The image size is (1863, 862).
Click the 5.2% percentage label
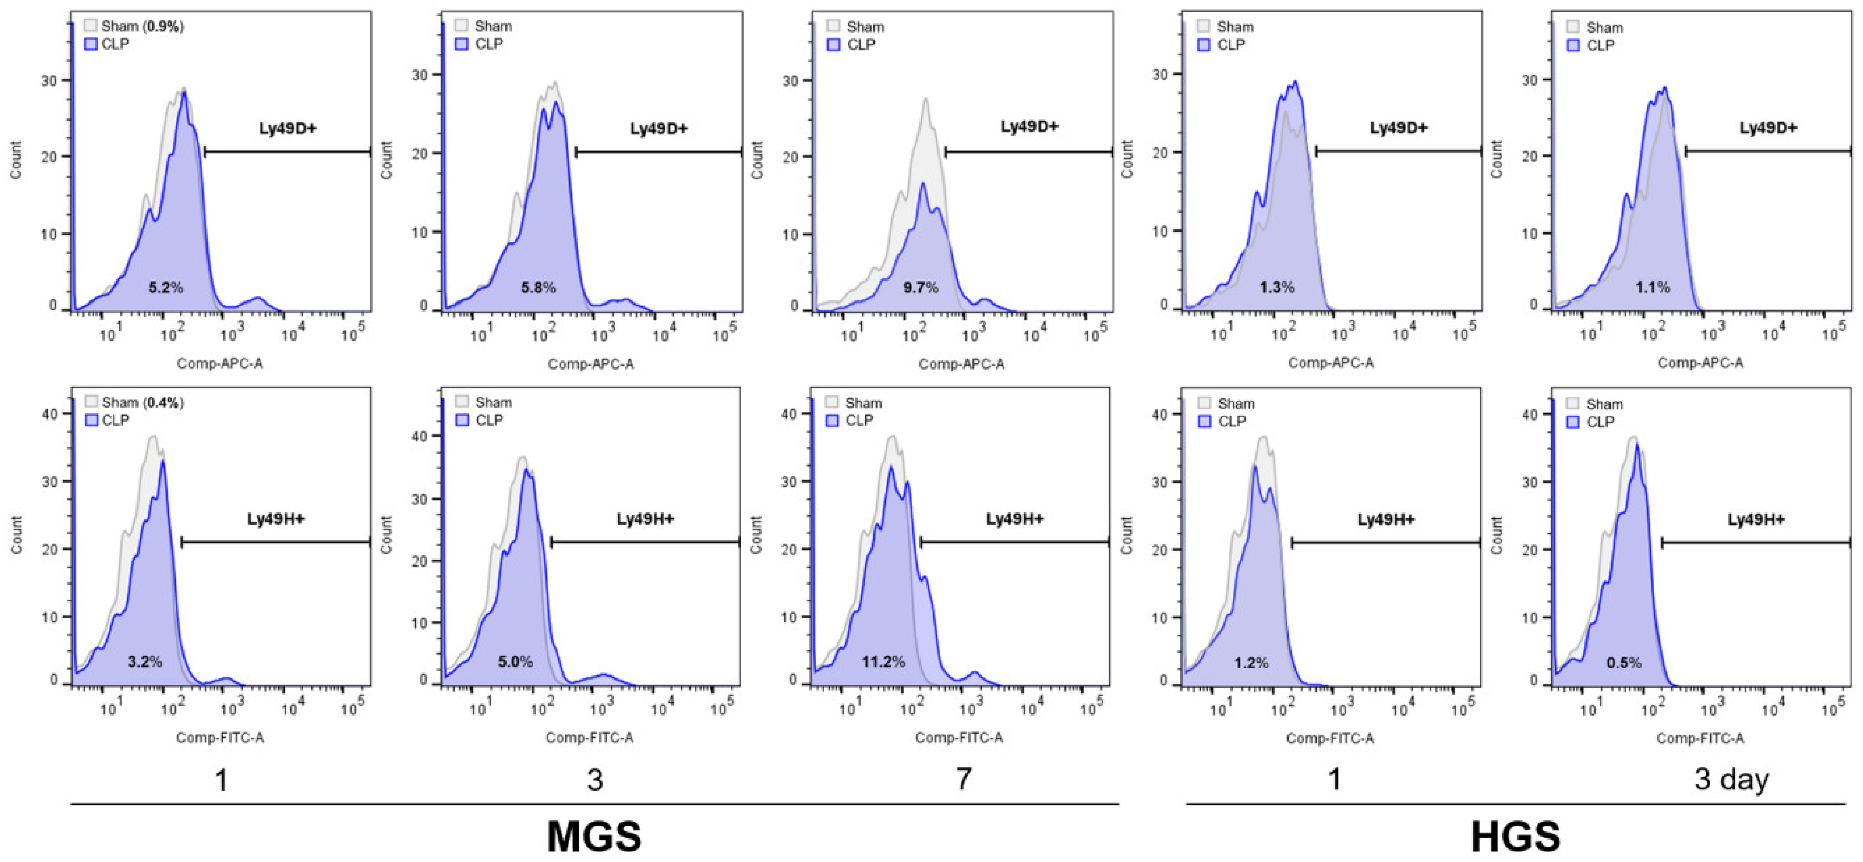(x=166, y=288)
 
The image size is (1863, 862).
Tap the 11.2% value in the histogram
(x=883, y=662)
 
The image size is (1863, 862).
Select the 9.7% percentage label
(x=921, y=288)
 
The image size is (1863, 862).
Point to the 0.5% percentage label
(x=1624, y=662)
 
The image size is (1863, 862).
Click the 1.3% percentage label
(x=1276, y=288)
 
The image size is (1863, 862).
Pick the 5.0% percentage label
(x=515, y=662)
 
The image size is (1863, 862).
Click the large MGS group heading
(x=594, y=836)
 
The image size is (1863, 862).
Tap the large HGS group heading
(x=1515, y=836)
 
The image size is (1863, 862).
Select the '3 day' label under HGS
(x=1731, y=780)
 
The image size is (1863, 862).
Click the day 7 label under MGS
(x=963, y=780)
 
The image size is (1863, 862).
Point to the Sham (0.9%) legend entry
(x=134, y=26)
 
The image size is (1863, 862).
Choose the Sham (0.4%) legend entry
(x=134, y=402)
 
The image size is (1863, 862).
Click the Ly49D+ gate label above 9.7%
(x=1029, y=127)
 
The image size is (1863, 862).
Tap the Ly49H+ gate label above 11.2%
(x=1015, y=519)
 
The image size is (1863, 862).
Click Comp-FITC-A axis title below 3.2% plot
(x=220, y=738)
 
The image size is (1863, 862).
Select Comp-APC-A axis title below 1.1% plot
(x=1700, y=362)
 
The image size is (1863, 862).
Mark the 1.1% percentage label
(x=1652, y=288)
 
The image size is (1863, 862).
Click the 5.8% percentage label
(x=538, y=288)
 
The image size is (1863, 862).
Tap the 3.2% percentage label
(x=145, y=662)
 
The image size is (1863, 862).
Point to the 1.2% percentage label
(x=1251, y=662)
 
